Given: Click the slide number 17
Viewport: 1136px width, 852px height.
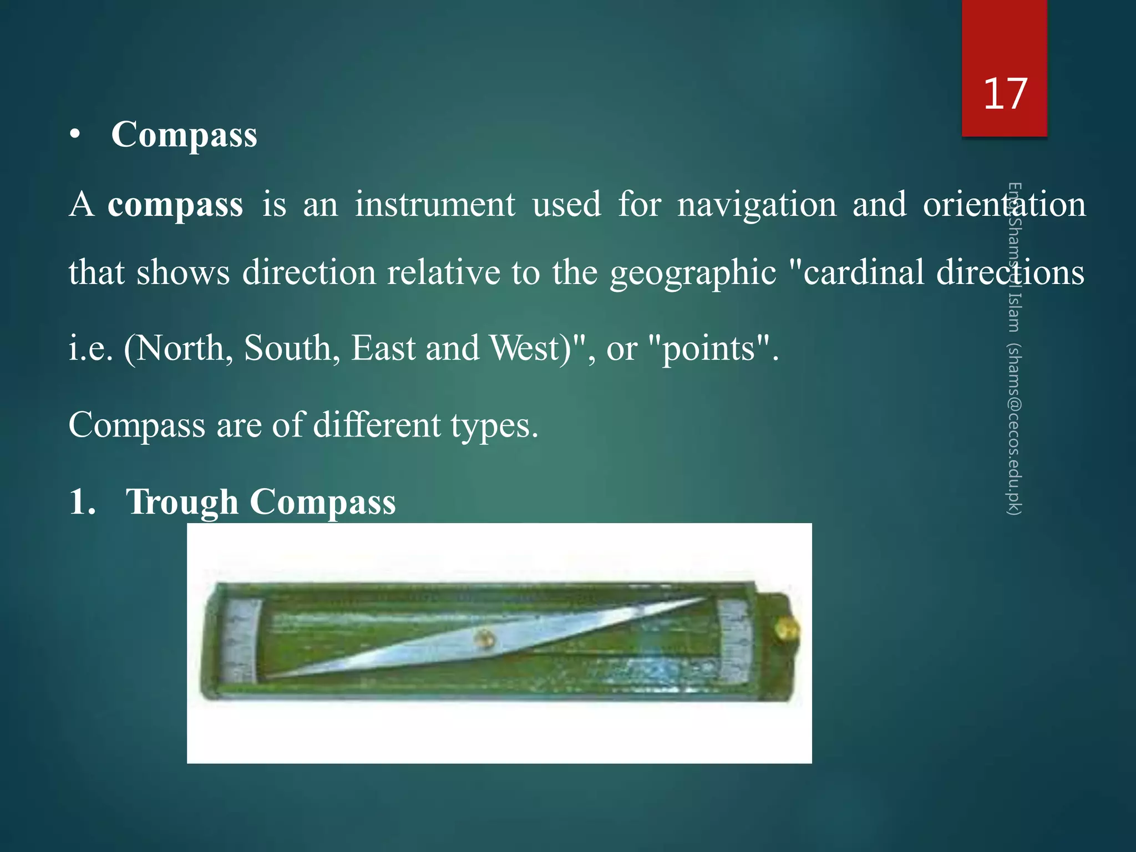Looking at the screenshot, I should pyautogui.click(x=1005, y=94).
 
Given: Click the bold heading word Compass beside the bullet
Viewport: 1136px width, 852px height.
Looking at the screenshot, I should pyautogui.click(x=184, y=135).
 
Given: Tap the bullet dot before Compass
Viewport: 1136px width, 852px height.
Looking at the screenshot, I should pyautogui.click(x=75, y=135).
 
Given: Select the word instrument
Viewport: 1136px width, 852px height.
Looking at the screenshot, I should pyautogui.click(x=435, y=204).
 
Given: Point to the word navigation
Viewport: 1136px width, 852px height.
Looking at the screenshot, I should pyautogui.click(x=757, y=205).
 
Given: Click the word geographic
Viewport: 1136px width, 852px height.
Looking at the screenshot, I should pyautogui.click(x=693, y=273).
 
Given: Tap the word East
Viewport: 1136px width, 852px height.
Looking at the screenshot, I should pyautogui.click(x=383, y=348).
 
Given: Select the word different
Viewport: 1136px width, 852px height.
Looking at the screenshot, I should pyautogui.click(x=377, y=425).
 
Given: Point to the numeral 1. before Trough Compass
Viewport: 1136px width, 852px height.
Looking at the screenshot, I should pyautogui.click(x=82, y=502).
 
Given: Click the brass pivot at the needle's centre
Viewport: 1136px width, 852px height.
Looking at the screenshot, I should pyautogui.click(x=484, y=639).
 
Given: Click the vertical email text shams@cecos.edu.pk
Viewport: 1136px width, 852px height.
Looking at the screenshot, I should pyautogui.click(x=1015, y=430).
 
